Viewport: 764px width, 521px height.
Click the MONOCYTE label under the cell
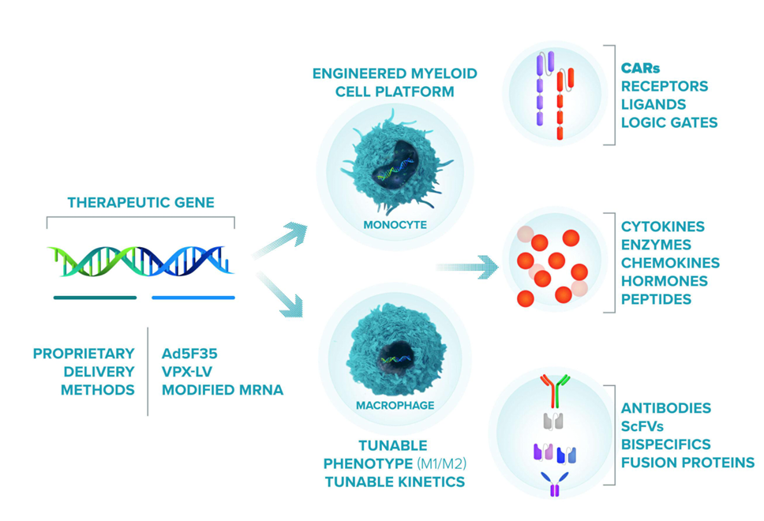[395, 225]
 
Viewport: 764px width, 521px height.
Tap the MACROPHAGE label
[395, 407]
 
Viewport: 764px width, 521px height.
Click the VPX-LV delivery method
[189, 371]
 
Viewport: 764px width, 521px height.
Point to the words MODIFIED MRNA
[222, 390]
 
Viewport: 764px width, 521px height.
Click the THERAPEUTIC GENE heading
[140, 203]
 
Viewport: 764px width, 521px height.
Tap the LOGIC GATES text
[669, 122]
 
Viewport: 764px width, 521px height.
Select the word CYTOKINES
[663, 227]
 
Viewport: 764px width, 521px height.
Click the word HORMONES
[664, 281]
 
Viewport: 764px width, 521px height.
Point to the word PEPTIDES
[656, 299]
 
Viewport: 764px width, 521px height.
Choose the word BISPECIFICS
[665, 444]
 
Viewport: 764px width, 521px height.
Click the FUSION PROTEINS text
[687, 463]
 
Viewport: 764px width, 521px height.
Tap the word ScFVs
[643, 426]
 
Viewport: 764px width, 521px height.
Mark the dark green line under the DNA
[95, 298]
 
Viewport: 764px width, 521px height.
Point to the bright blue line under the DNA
[193, 298]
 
